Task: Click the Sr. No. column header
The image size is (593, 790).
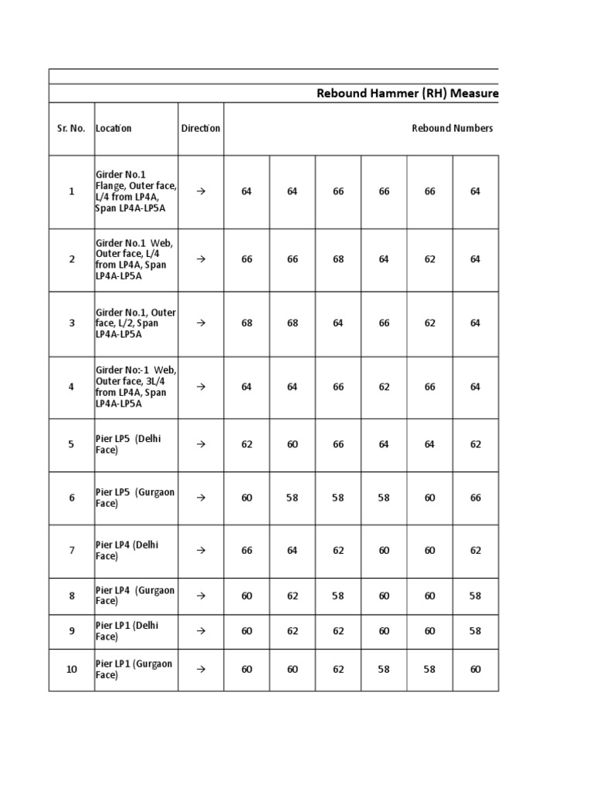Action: point(71,129)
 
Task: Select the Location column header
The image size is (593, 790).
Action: point(114,129)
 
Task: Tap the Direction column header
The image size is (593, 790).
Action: point(201,129)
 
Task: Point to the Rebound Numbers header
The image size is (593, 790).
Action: point(452,129)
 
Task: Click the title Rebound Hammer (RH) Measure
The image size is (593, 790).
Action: point(408,94)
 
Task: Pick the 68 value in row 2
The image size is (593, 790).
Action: point(338,259)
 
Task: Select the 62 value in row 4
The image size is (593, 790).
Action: point(384,387)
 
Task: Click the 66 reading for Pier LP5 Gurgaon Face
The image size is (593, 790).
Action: point(476,498)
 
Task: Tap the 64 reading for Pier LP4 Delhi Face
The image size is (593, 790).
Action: point(292,550)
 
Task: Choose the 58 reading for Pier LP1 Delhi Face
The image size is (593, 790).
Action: point(476,631)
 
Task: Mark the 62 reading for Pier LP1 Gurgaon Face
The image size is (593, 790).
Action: point(338,670)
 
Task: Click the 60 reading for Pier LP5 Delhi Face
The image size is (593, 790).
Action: point(292,444)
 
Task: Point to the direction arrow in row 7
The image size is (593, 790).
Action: point(201,550)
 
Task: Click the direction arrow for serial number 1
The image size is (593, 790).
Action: point(201,191)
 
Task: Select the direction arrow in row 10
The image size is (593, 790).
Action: point(201,670)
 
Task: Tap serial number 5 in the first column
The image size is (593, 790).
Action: point(71,444)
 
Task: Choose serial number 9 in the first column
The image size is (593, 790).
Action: point(71,631)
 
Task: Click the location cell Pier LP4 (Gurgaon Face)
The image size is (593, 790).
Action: point(135,596)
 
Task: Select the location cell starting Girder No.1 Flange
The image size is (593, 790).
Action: point(135,191)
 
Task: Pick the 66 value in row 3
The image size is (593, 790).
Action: point(384,323)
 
